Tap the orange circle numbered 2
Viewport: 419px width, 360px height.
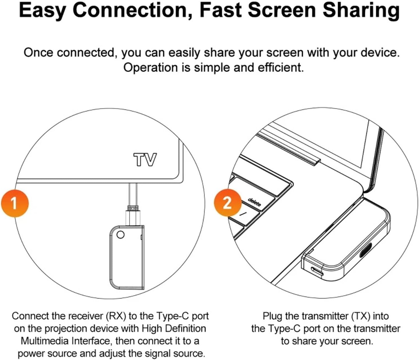click(x=227, y=202)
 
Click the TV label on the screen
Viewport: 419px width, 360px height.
click(x=145, y=159)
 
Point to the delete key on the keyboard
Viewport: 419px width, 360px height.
click(x=254, y=202)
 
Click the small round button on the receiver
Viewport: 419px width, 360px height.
click(x=120, y=235)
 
